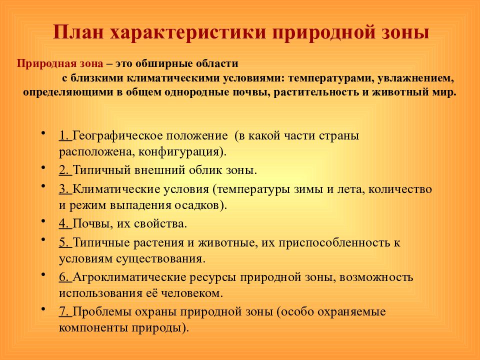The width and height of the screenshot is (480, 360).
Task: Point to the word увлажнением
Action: [x=409, y=78]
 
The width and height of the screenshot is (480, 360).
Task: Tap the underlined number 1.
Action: [x=63, y=135]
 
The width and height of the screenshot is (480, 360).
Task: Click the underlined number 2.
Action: [x=63, y=170]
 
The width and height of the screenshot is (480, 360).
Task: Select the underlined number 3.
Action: [x=63, y=189]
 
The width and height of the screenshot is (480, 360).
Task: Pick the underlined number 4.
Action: [x=63, y=223]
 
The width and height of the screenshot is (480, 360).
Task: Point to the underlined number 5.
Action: [x=63, y=243]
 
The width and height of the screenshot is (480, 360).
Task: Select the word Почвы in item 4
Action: [x=88, y=223]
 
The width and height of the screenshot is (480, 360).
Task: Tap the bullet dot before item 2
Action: [x=44, y=166]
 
